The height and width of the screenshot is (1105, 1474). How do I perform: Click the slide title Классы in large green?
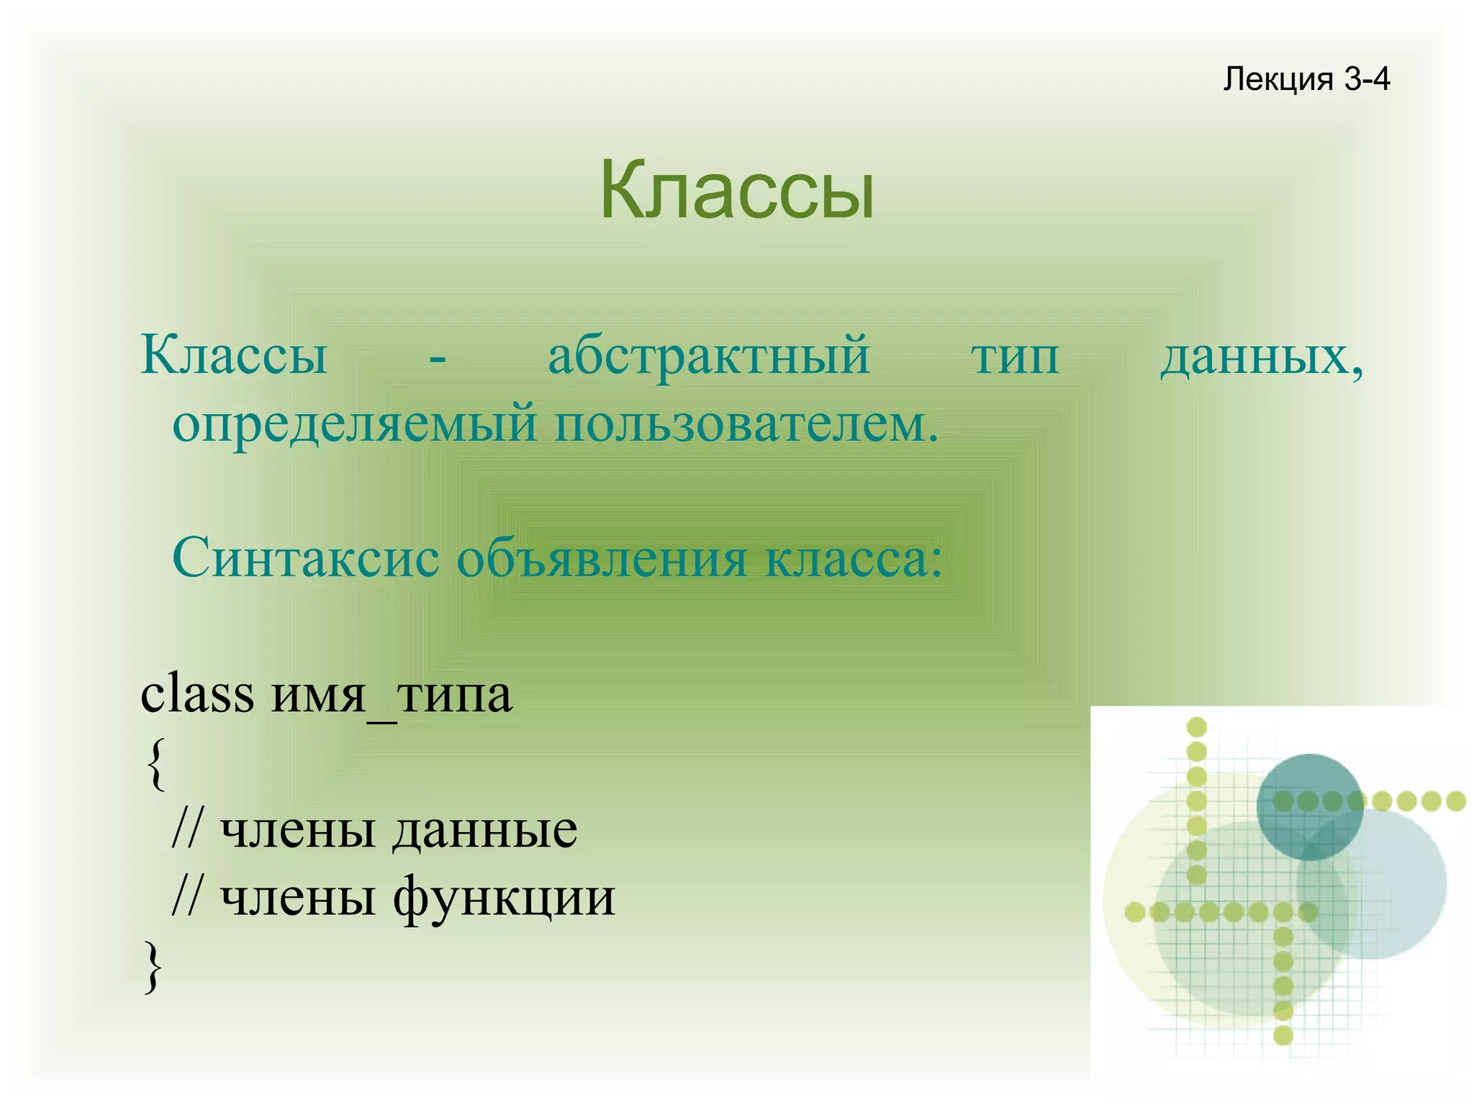click(x=737, y=190)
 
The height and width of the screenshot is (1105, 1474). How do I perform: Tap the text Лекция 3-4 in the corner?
click(x=1306, y=78)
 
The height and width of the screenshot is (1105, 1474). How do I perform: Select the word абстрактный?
click(x=709, y=356)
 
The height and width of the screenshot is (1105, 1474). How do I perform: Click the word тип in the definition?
click(x=1015, y=357)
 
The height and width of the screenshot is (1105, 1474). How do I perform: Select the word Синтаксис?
click(x=306, y=557)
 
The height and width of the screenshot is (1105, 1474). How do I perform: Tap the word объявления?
click(x=602, y=559)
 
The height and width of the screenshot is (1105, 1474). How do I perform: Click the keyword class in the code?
click(x=197, y=694)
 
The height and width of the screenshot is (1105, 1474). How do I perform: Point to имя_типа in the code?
click(x=392, y=695)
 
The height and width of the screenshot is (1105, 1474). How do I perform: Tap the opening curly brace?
click(x=155, y=764)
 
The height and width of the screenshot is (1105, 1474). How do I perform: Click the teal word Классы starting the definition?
click(x=234, y=356)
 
